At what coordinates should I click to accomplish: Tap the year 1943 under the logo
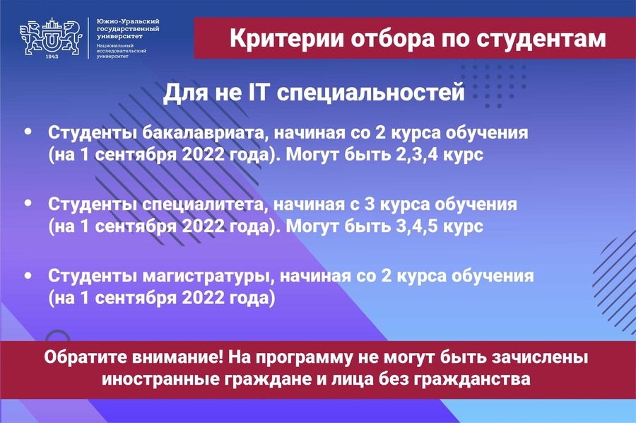(52, 57)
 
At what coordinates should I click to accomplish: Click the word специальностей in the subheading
(371, 93)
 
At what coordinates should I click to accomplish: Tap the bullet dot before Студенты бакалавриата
(28, 131)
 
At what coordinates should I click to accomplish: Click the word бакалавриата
(205, 134)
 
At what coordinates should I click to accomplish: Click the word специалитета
(205, 205)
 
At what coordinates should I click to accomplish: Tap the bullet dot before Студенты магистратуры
(28, 275)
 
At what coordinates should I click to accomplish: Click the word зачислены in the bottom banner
(539, 358)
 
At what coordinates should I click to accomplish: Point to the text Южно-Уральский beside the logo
(128, 21)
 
